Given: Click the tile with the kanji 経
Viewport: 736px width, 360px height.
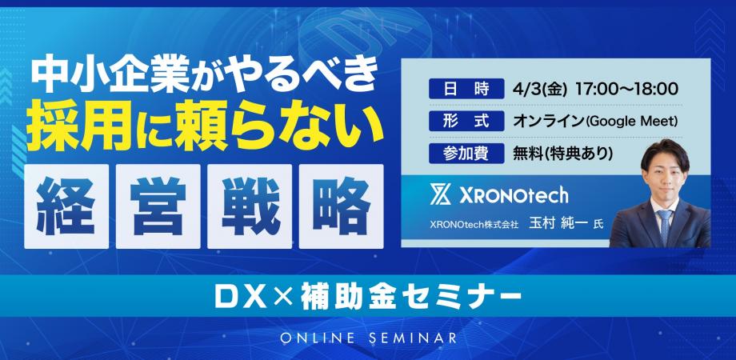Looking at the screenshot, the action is click(x=66, y=206).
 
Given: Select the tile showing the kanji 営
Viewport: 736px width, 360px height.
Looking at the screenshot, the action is click(x=158, y=206).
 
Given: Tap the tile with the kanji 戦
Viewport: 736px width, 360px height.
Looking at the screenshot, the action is click(x=250, y=206).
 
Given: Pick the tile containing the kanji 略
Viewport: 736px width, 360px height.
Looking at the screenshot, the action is click(x=342, y=206).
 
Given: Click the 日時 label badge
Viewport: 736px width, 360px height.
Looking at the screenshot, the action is click(x=466, y=89).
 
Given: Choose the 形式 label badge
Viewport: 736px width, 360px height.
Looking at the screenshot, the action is click(x=466, y=121).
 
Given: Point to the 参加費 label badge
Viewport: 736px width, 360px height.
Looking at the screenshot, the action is click(x=466, y=154).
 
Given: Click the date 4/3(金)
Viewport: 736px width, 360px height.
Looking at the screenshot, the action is click(x=540, y=89).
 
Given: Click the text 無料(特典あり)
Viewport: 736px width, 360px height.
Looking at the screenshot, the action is click(x=562, y=154).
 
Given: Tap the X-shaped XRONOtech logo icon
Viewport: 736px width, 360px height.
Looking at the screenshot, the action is click(x=441, y=194).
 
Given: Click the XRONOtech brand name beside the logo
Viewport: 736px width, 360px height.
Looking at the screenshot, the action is click(x=514, y=194).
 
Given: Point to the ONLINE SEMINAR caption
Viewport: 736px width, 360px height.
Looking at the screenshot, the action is click(x=369, y=338).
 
